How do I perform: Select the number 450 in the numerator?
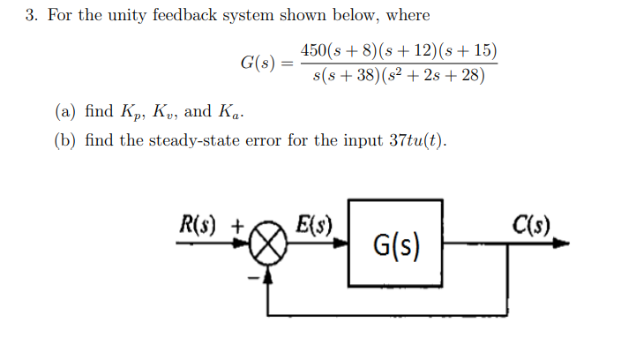tap(315, 51)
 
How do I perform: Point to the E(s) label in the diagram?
tap(315, 221)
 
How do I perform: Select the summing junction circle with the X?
tap(272, 245)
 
